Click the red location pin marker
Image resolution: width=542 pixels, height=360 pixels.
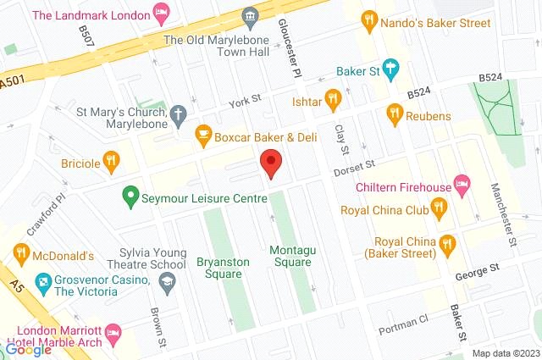(x=270, y=161)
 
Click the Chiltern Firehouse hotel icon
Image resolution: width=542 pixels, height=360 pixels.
(x=462, y=182)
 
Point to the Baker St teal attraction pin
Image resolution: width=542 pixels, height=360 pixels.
(x=390, y=67)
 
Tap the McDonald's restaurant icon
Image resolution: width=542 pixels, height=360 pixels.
(x=21, y=252)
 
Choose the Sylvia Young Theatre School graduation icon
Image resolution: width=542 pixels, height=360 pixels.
(x=168, y=280)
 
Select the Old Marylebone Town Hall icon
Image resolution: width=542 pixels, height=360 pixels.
(x=249, y=17)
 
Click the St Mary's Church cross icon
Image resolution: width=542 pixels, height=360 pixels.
(x=177, y=113)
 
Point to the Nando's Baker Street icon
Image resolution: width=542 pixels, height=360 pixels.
(x=368, y=18)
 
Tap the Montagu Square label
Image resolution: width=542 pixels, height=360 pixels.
(x=290, y=256)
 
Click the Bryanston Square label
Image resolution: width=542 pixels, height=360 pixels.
(x=223, y=268)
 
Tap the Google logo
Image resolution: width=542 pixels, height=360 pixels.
(x=28, y=349)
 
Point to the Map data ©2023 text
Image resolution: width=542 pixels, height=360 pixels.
(x=505, y=353)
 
